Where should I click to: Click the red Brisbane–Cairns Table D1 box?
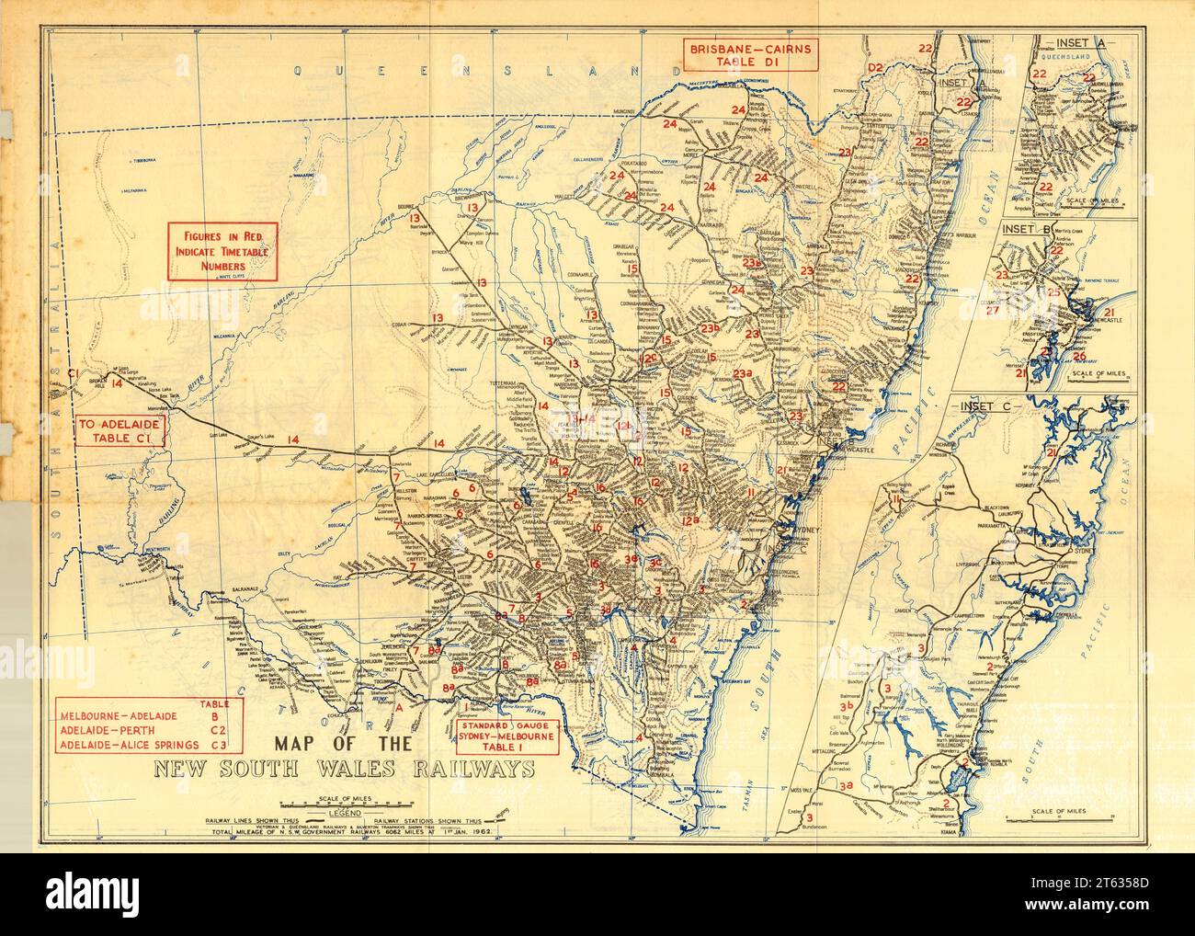[x=747, y=54]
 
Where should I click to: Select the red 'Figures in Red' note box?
[x=221, y=251]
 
